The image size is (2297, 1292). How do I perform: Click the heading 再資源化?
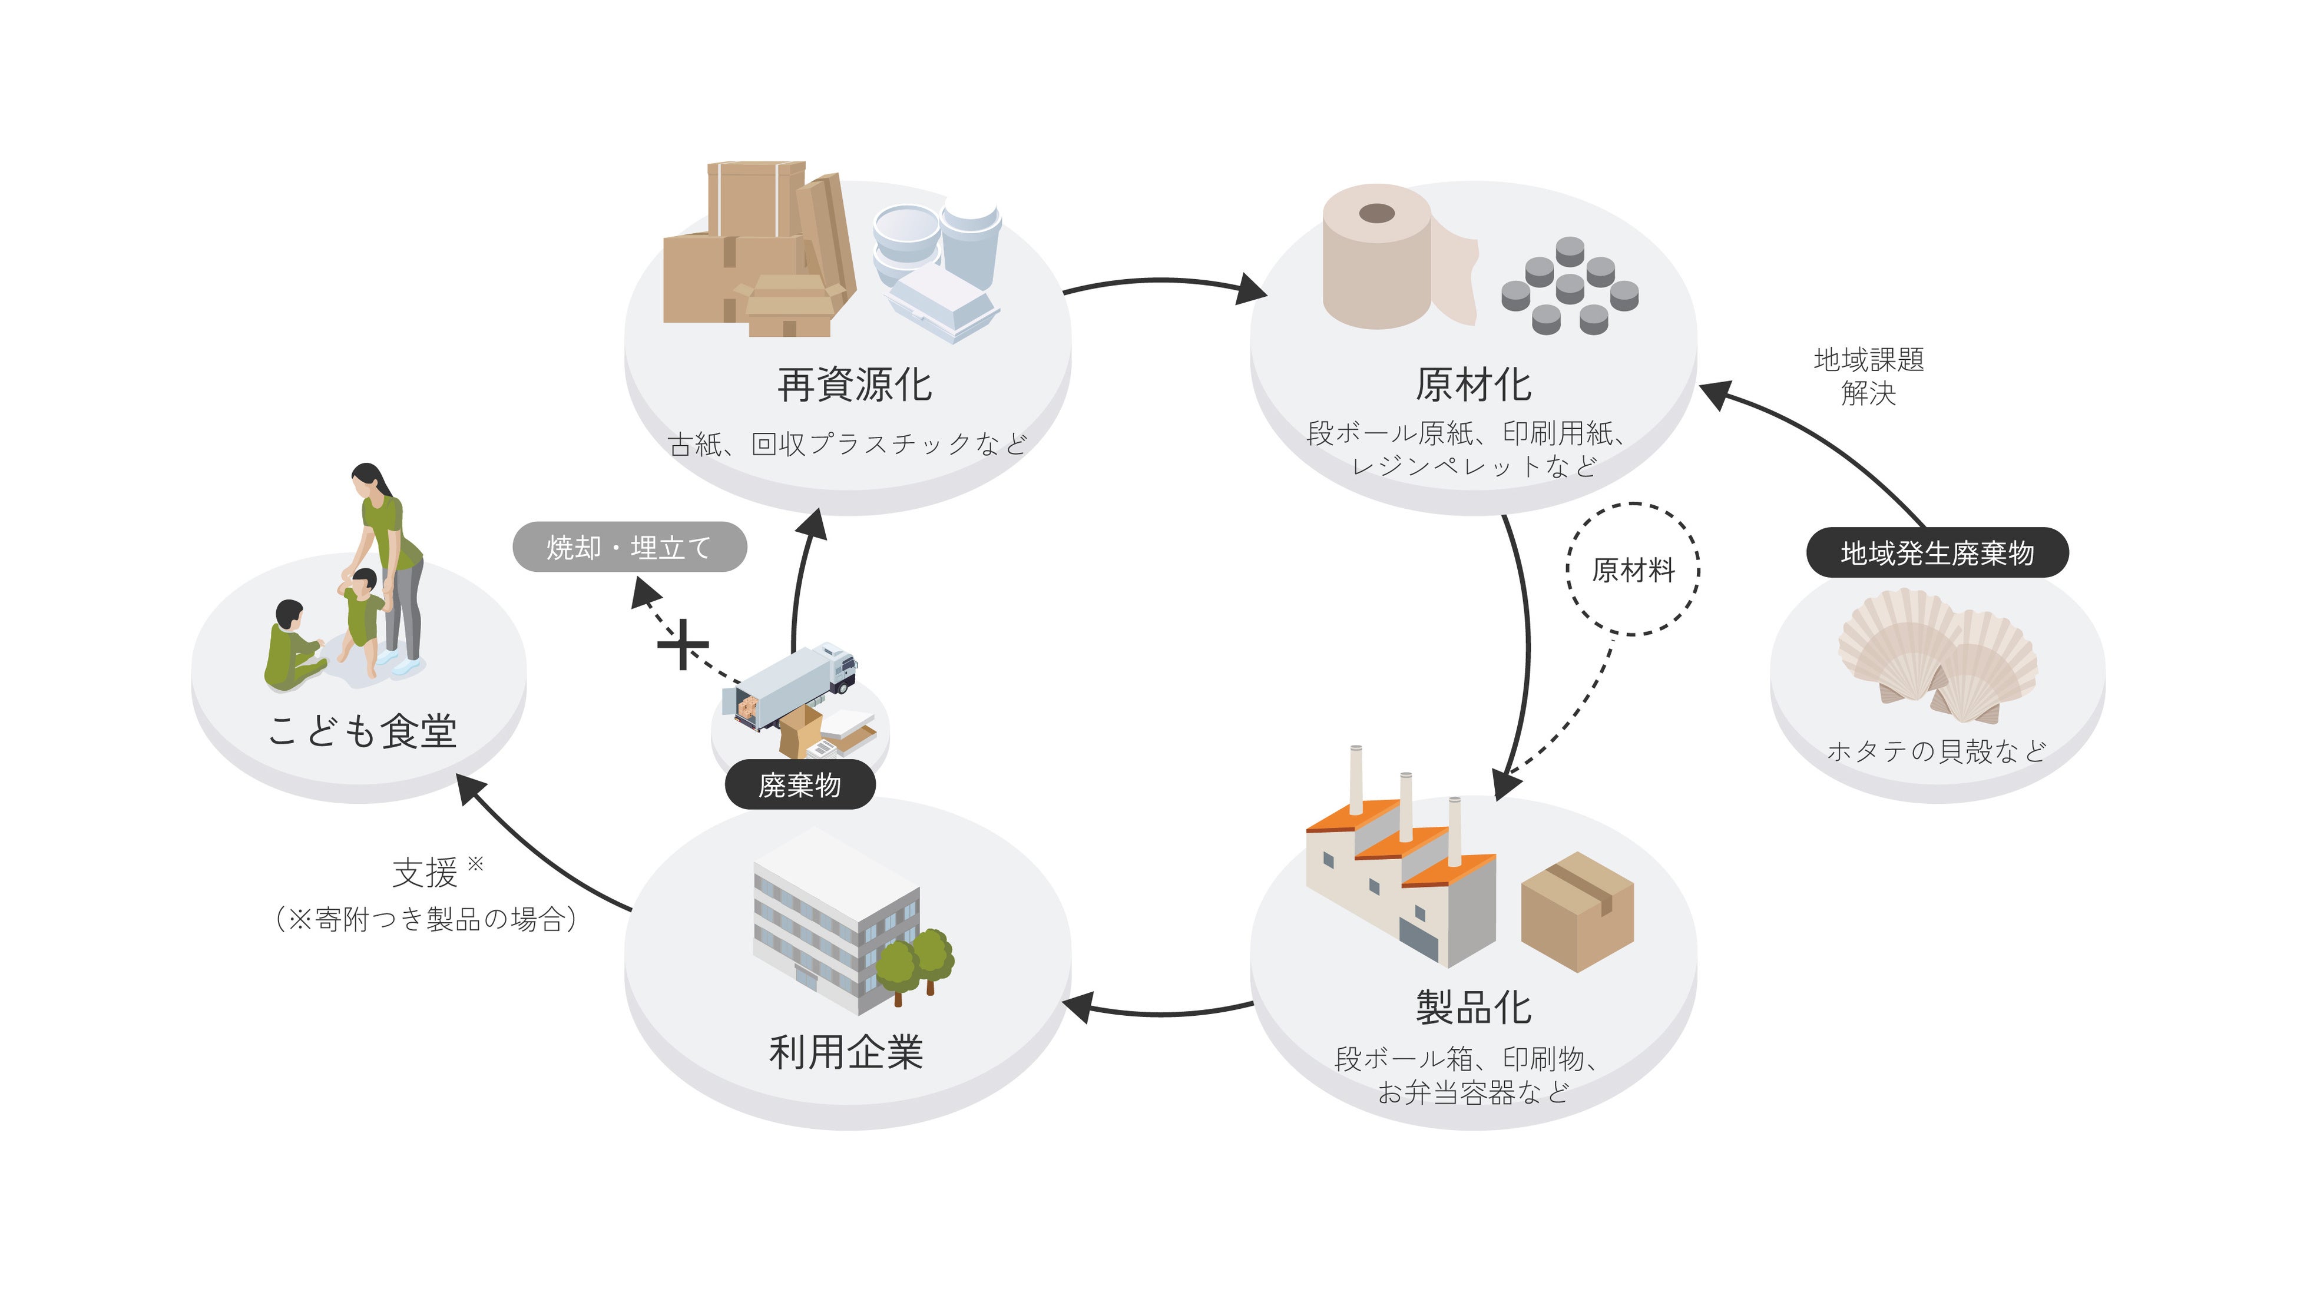[x=854, y=385]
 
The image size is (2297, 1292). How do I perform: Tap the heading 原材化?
[x=1473, y=385]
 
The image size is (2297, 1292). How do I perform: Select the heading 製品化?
[x=1473, y=1008]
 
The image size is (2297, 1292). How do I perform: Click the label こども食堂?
[x=363, y=731]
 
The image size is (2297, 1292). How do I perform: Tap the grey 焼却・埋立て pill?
[x=630, y=546]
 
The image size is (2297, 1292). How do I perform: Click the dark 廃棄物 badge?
[x=800, y=784]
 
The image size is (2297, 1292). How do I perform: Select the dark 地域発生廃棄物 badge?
[x=1937, y=553]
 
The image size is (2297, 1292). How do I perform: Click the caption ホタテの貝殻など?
[x=1937, y=751]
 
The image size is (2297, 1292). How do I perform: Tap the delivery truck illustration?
[x=796, y=684]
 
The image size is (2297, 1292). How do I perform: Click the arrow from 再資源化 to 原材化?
[x=1164, y=281]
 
